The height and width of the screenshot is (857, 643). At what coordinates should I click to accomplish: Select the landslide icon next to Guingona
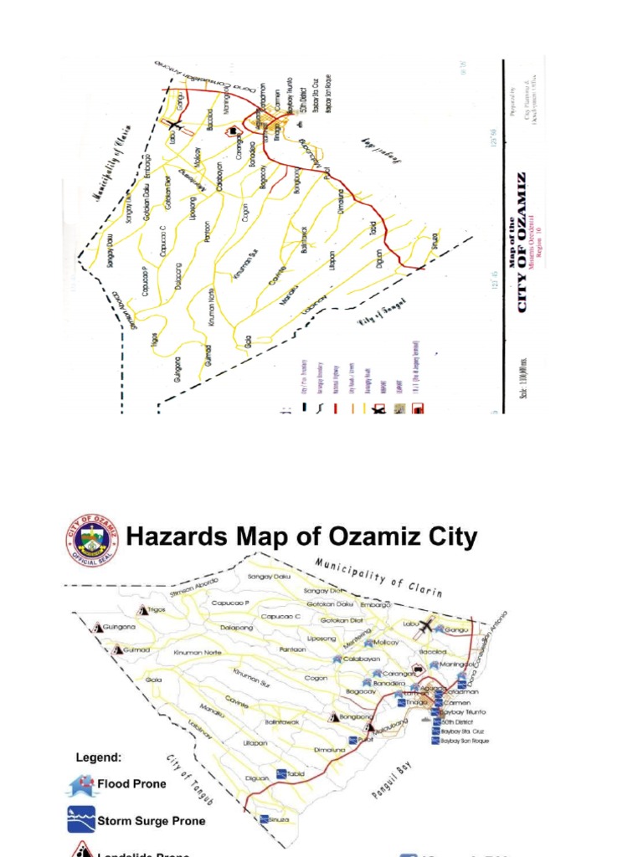coord(99,627)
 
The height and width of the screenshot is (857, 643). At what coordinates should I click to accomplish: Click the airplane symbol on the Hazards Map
coord(427,625)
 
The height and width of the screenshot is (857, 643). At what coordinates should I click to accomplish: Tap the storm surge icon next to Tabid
coord(281,773)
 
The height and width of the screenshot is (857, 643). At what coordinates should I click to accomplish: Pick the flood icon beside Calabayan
coord(337,659)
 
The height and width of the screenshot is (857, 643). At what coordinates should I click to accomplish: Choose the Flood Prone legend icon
coord(81,785)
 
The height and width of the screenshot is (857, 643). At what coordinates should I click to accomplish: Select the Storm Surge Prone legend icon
coord(81,820)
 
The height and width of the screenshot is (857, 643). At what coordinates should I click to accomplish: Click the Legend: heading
coord(99,757)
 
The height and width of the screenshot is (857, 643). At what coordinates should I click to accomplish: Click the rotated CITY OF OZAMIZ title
coord(522,243)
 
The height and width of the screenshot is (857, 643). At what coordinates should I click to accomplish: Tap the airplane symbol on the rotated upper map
coord(173,125)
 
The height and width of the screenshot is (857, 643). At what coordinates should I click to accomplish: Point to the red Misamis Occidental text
coord(536,243)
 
